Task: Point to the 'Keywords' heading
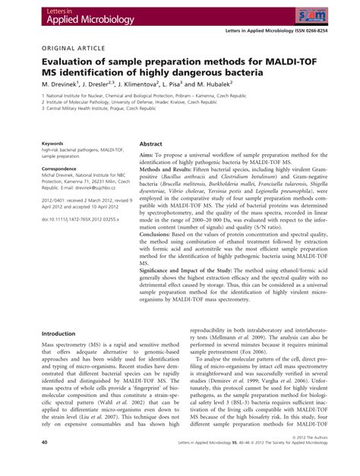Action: click(x=52, y=142)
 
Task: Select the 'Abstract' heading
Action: click(x=150, y=143)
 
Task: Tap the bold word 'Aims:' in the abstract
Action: click(x=147, y=155)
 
